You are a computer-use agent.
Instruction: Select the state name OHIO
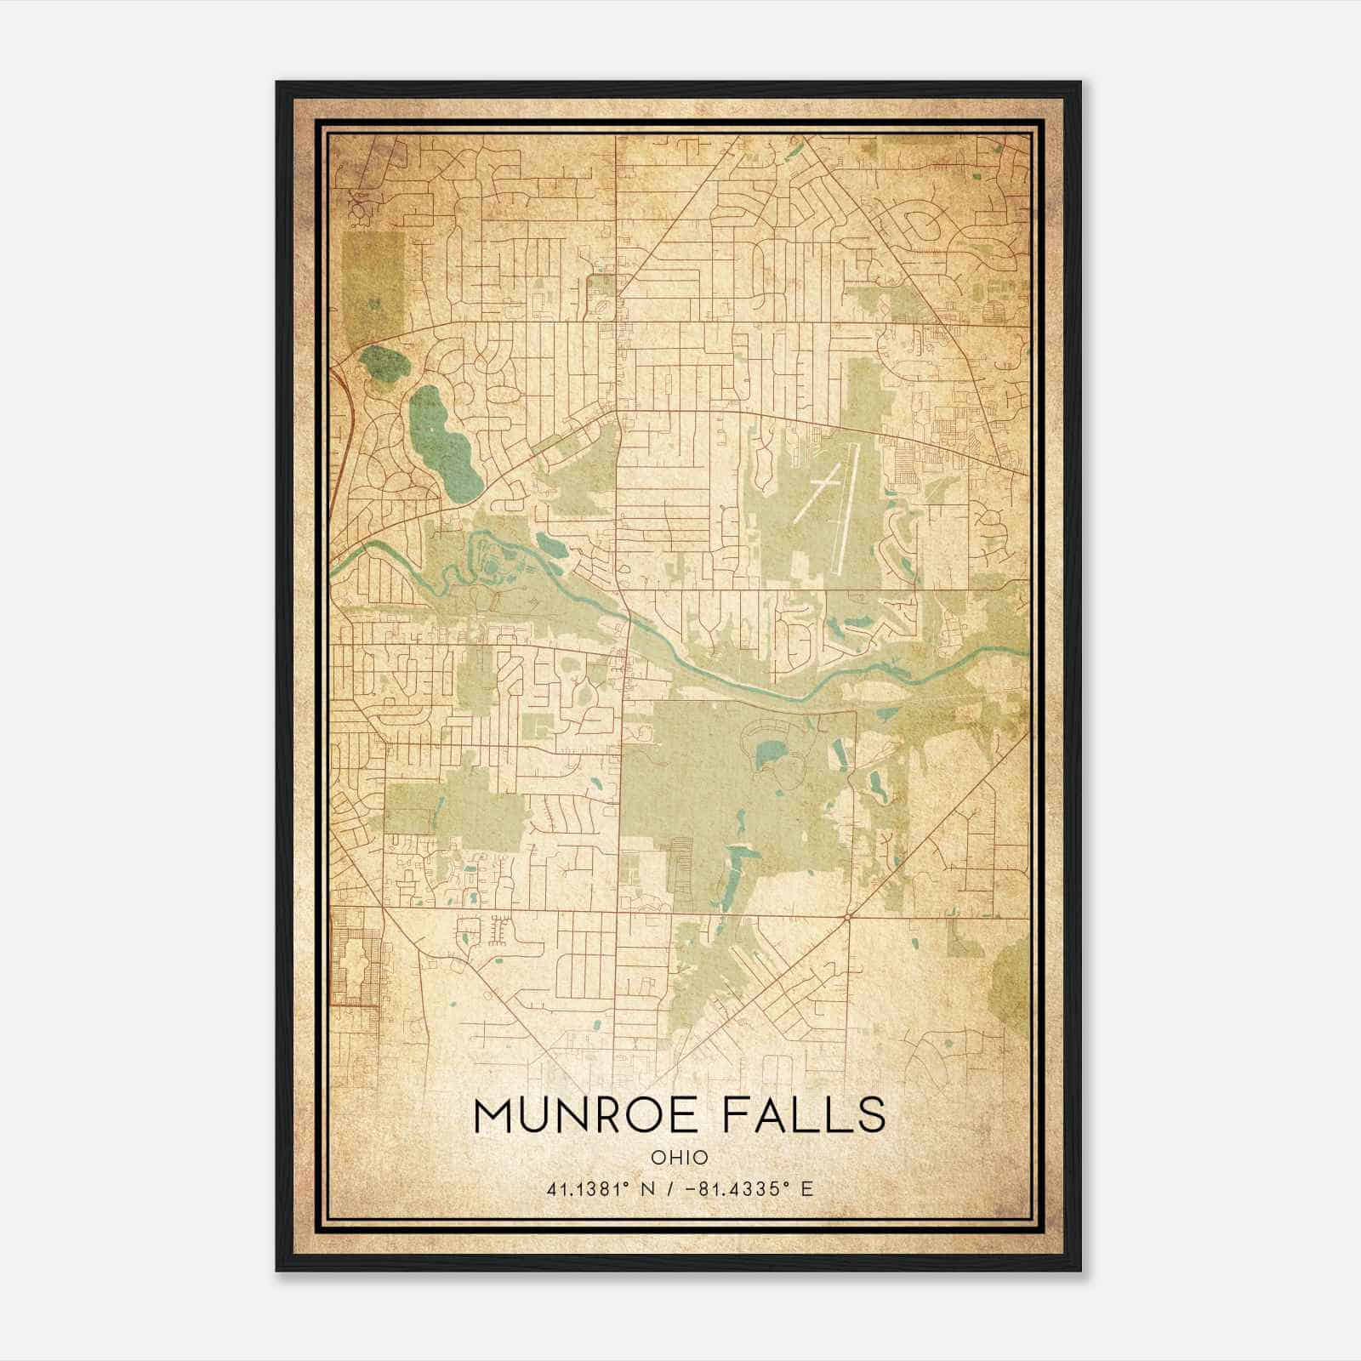click(x=680, y=1158)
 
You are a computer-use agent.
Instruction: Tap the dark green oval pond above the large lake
click(x=384, y=364)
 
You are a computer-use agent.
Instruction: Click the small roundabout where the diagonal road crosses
click(x=848, y=917)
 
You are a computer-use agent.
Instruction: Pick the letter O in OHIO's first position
click(x=658, y=1158)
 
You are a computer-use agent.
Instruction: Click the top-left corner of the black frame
click(x=278, y=83)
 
